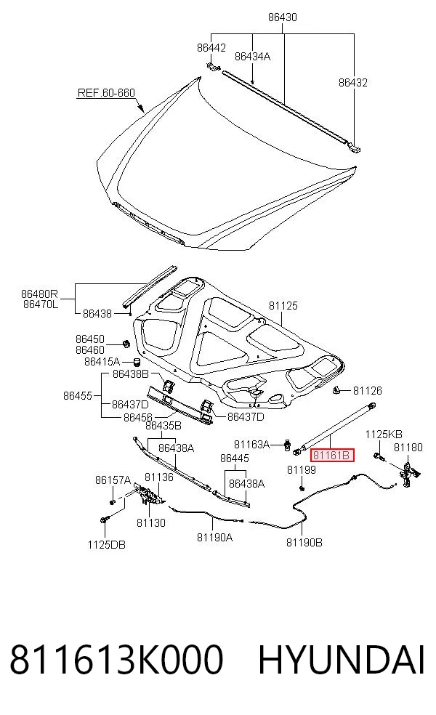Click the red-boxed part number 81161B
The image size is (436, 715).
pyautogui.click(x=331, y=455)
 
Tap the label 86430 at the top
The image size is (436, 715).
pyautogui.click(x=282, y=17)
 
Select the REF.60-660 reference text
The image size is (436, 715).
pyautogui.click(x=106, y=92)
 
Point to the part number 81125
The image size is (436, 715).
pyautogui.click(x=283, y=305)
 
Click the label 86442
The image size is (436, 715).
pyautogui.click(x=211, y=47)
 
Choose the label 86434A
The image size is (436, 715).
pyautogui.click(x=253, y=56)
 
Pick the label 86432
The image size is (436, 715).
pyautogui.click(x=353, y=83)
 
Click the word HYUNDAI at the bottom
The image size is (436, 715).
pyautogui.click(x=342, y=660)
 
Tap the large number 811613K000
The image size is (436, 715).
pyautogui.click(x=117, y=660)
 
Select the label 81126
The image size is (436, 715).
pyautogui.click(x=368, y=390)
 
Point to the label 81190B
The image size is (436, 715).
pyautogui.click(x=304, y=542)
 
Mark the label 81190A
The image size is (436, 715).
pyautogui.click(x=215, y=538)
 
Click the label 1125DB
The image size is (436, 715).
pyautogui.click(x=107, y=544)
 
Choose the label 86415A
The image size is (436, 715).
pyautogui.click(x=102, y=362)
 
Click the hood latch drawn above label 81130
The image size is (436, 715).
pyautogui.click(x=148, y=494)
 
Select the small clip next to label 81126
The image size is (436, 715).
pyautogui.click(x=337, y=390)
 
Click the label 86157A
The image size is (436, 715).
pyautogui.click(x=113, y=480)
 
